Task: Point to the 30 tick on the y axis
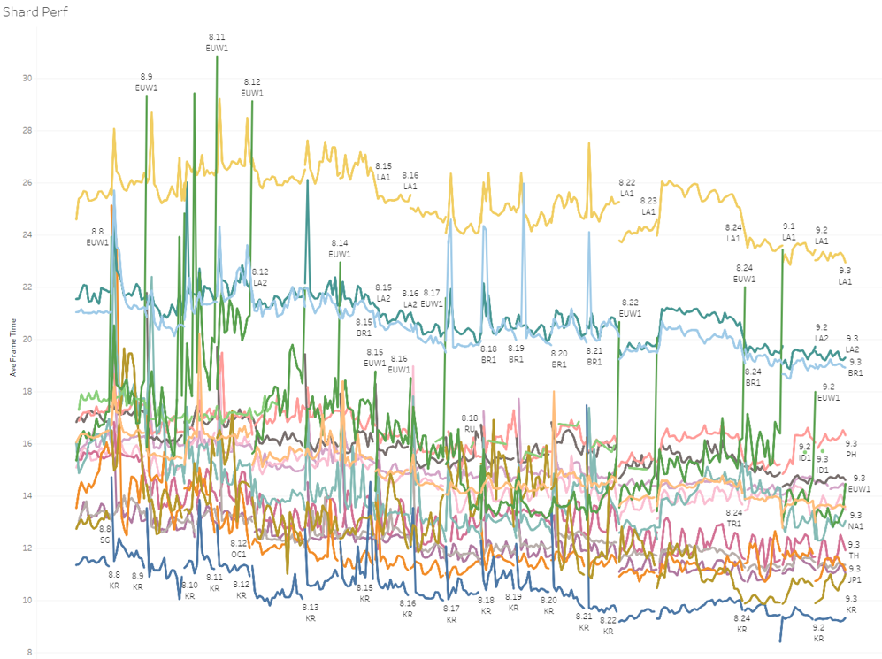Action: pyautogui.click(x=27, y=78)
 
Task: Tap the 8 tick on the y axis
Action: pyautogui.click(x=29, y=653)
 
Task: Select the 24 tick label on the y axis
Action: pyautogui.click(x=27, y=234)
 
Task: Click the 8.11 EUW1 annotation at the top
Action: pyautogui.click(x=217, y=42)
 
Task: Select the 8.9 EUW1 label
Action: pyautogui.click(x=146, y=82)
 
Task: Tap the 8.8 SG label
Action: pyautogui.click(x=104, y=533)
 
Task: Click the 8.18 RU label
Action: pyautogui.click(x=470, y=423)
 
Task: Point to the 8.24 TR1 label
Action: pyautogui.click(x=734, y=518)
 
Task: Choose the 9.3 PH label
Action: pyautogui.click(x=851, y=448)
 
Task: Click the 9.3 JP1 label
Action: pyautogui.click(x=855, y=574)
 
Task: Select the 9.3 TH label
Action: pyautogui.click(x=855, y=549)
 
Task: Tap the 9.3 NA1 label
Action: pyautogui.click(x=855, y=521)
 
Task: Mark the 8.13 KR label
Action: pyautogui.click(x=311, y=613)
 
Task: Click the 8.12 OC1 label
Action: pyautogui.click(x=239, y=548)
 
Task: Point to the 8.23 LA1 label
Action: pyautogui.click(x=648, y=206)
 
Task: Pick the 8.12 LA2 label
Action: pyautogui.click(x=260, y=277)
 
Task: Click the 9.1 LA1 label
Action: pyautogui.click(x=789, y=231)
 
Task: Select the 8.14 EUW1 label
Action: pyautogui.click(x=340, y=249)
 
